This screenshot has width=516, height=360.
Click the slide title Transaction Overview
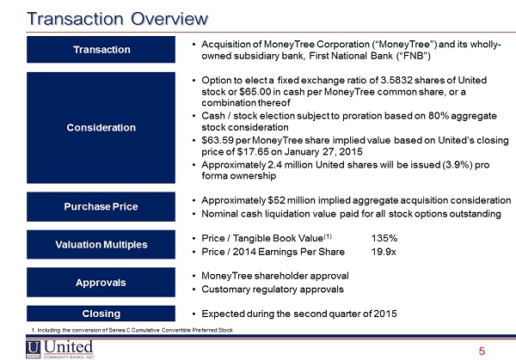118,19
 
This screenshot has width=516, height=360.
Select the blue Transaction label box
101,50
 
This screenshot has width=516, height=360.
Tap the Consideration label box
101,127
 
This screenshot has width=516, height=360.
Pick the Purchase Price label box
101,206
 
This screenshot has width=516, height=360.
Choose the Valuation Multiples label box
101,245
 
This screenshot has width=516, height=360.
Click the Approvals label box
101,283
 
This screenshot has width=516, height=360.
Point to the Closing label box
101,314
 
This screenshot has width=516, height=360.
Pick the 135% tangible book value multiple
384,238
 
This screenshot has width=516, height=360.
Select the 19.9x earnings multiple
384,252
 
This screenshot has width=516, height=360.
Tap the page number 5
482,351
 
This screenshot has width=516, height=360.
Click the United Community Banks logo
60,349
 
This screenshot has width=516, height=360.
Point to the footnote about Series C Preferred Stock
132,330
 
